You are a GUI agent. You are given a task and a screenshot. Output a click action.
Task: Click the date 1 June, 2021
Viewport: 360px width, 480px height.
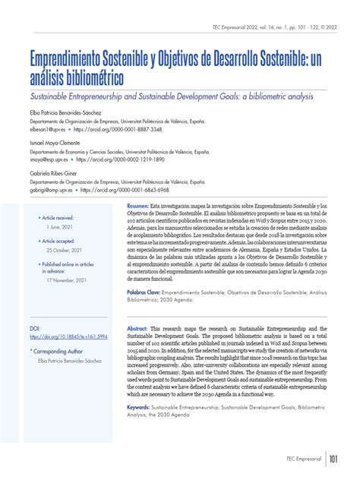tap(61, 226)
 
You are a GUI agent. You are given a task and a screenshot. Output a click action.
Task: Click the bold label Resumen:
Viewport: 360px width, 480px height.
tap(138, 207)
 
